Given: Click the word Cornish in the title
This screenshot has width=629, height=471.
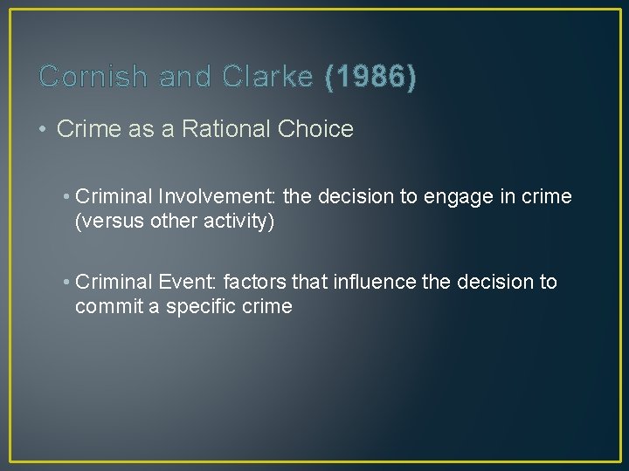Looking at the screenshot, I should point(93,78).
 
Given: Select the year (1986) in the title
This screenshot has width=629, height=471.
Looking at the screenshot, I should point(370,78).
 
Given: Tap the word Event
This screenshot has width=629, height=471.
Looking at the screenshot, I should point(188,283).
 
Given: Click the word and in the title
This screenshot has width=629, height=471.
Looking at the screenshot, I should point(186,78).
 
